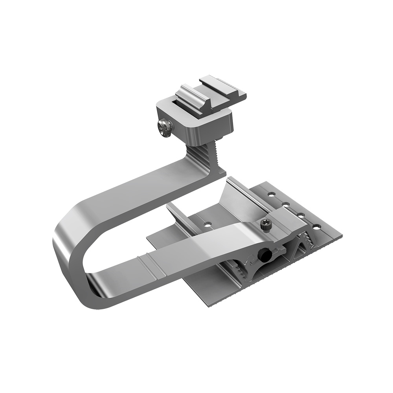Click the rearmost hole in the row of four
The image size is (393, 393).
271,194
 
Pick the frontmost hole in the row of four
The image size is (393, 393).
316,227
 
